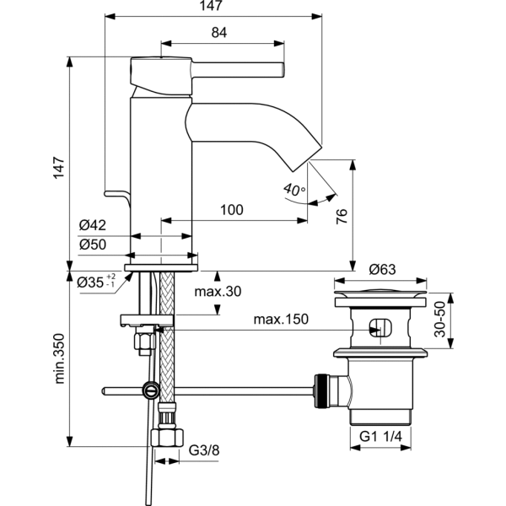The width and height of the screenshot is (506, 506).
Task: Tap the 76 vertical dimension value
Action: (x=342, y=216)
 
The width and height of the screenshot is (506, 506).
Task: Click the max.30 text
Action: (x=218, y=292)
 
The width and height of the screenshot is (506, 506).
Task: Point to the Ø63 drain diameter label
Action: (x=384, y=270)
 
